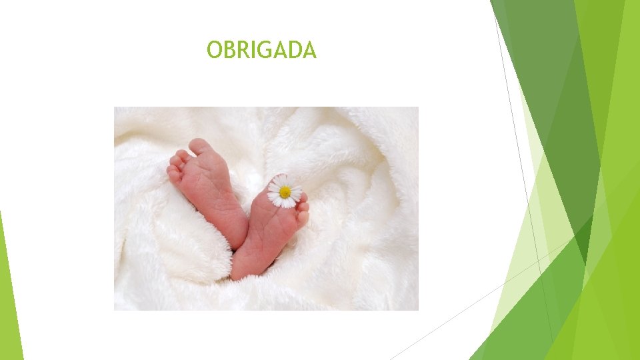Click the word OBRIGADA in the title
pos(261,50)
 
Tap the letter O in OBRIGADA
pos(214,50)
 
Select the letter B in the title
pos(229,50)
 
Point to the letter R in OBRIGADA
pos(242,50)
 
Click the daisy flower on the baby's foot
pos(285,191)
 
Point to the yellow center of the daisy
pos(285,192)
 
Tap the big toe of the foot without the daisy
pos(198,146)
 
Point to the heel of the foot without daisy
pos(237,233)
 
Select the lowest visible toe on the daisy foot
pos(303,217)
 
